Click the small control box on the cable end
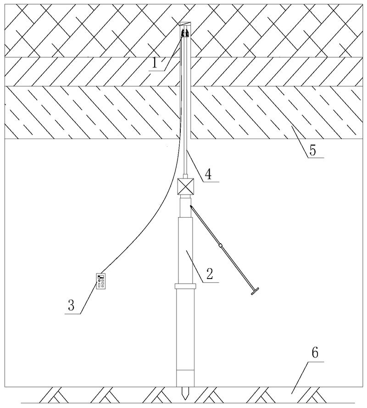pos(101,281)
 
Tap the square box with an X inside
pos(185,187)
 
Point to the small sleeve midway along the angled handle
pos(221,246)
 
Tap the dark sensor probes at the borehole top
pos(185,33)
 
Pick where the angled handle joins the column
pos(191,207)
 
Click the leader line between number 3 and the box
pos(89,298)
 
